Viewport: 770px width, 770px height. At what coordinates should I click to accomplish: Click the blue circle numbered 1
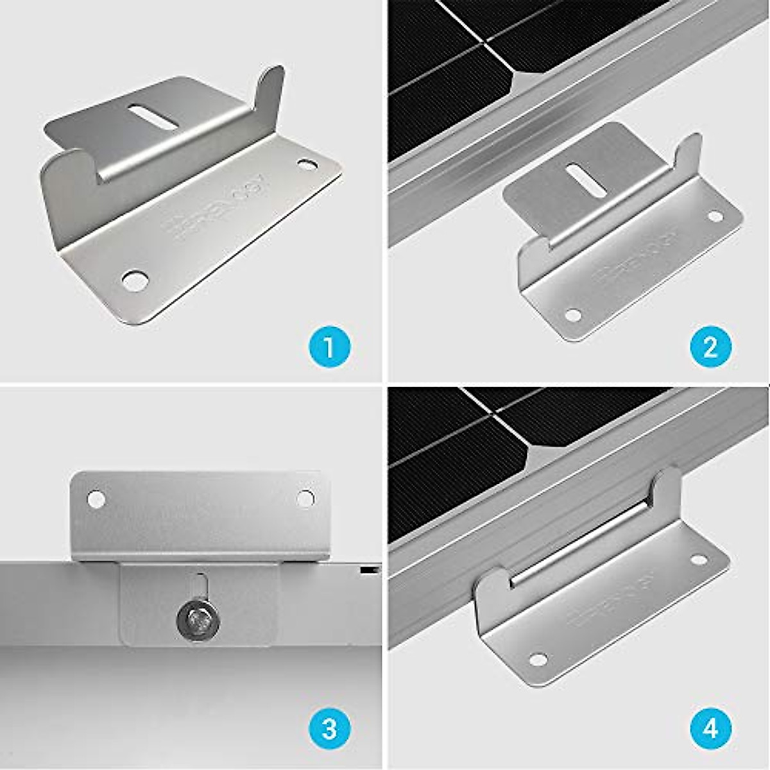tap(330, 348)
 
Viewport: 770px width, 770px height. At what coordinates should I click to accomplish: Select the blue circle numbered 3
tap(330, 729)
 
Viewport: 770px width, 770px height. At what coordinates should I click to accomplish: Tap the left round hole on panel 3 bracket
tap(96, 497)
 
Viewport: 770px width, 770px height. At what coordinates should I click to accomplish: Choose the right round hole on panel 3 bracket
tap(306, 497)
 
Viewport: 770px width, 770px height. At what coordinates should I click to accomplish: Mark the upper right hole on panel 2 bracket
tap(715, 216)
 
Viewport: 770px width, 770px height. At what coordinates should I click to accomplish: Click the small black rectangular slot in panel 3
tap(367, 570)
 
